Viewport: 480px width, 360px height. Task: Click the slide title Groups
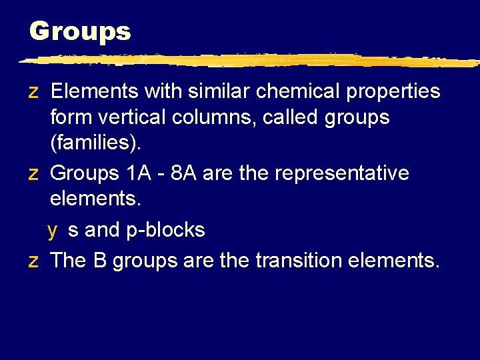point(80,31)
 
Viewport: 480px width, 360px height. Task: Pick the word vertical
point(133,118)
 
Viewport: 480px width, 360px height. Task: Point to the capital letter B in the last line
point(100,260)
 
